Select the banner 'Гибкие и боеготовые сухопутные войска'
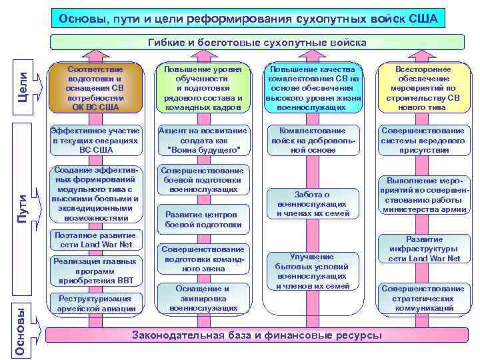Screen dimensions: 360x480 (x=257, y=43)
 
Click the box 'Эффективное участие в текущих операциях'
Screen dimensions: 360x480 (x=95, y=141)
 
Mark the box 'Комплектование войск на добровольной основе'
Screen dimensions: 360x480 (x=313, y=141)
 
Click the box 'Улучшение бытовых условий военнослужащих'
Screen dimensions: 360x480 (x=313, y=271)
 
